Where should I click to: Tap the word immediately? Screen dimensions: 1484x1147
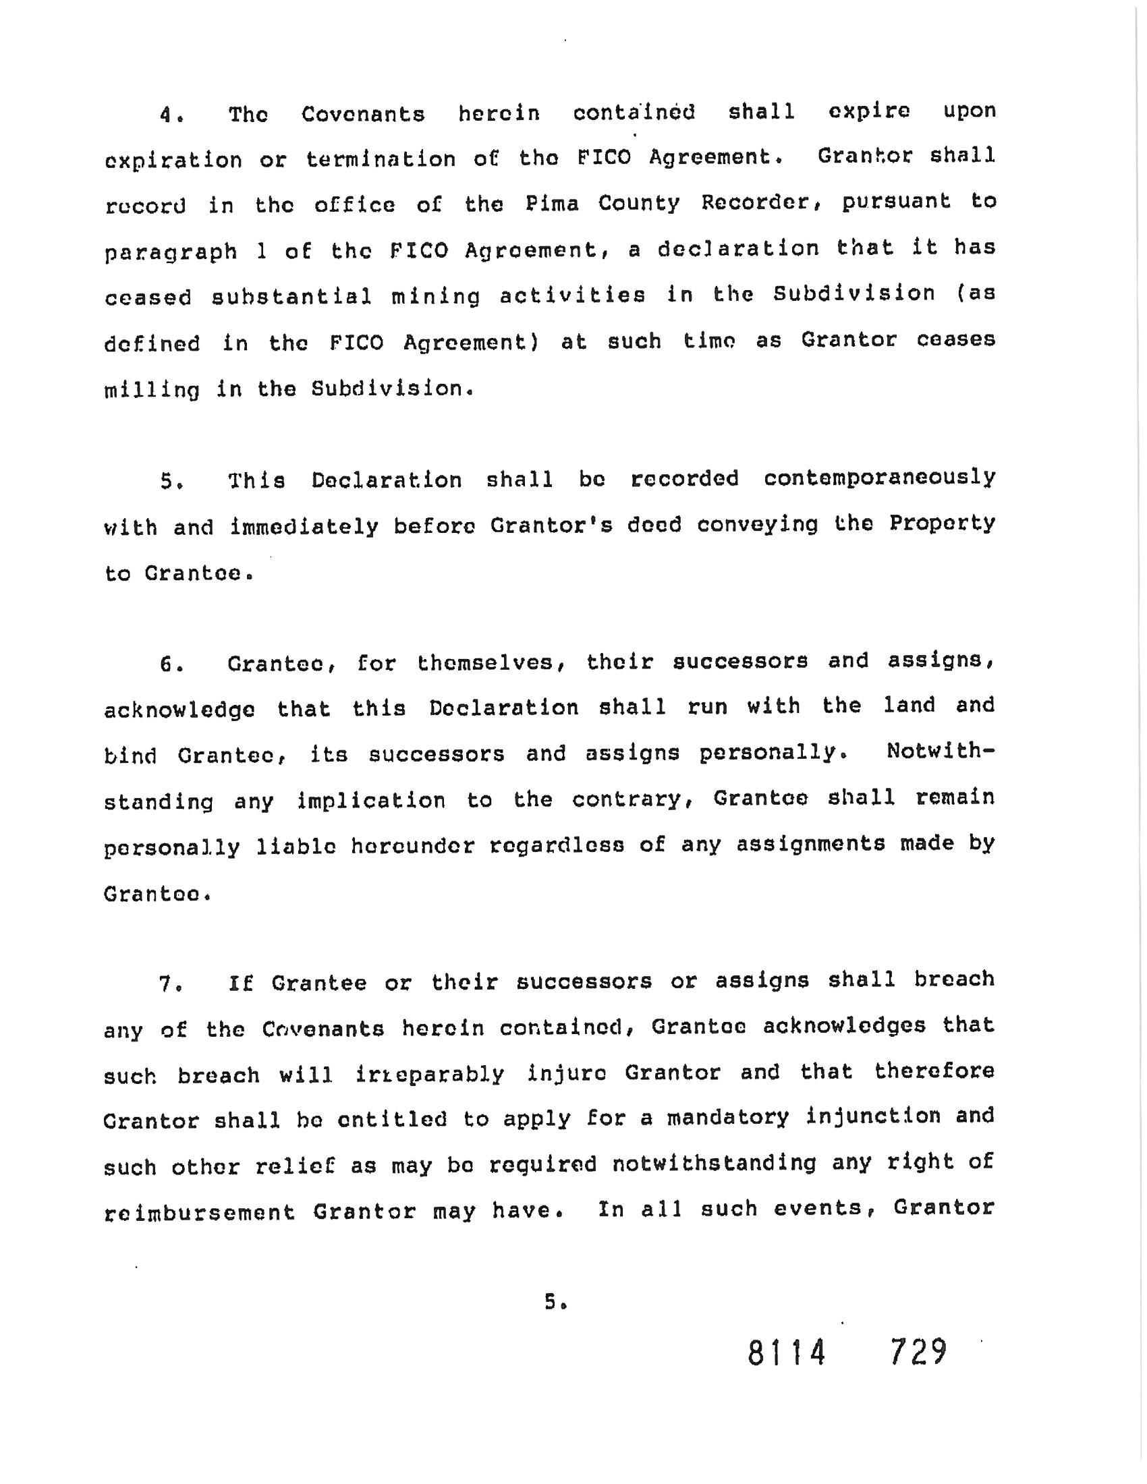coord(304,527)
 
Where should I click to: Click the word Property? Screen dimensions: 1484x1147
coord(943,525)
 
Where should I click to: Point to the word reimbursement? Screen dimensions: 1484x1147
coord(200,1213)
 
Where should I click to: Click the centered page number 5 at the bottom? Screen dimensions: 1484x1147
coord(552,1303)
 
